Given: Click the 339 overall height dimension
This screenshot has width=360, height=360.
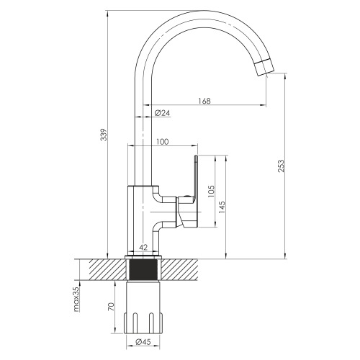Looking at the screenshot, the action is pyautogui.click(x=104, y=135).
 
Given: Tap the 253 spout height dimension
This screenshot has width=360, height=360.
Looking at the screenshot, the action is pyautogui.click(x=281, y=166).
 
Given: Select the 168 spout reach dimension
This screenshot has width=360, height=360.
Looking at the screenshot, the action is pyautogui.click(x=204, y=101).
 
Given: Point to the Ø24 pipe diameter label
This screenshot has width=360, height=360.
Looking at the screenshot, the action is pyautogui.click(x=162, y=112).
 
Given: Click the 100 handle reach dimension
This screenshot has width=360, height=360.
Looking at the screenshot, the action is pyautogui.click(x=163, y=142).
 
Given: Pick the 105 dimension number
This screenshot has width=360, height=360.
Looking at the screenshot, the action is pyautogui.click(x=211, y=192).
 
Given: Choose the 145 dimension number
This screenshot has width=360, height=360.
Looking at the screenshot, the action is pyautogui.click(x=222, y=207).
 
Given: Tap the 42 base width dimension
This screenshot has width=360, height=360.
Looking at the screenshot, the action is pyautogui.click(x=143, y=248).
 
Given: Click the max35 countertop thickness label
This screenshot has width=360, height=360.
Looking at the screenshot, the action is pyautogui.click(x=76, y=300).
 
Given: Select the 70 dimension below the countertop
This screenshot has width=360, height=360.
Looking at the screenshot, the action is pyautogui.click(x=111, y=307).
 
